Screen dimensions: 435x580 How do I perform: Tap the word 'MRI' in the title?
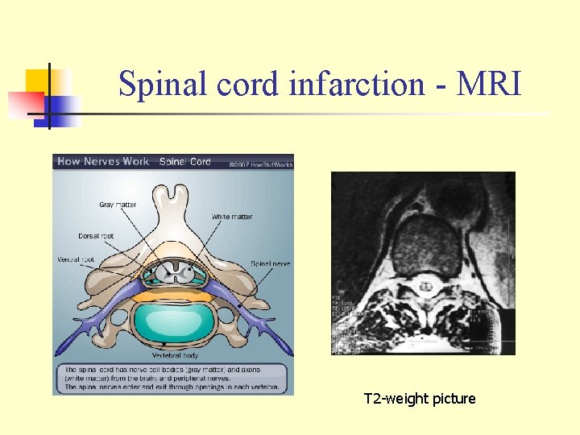pos(488,84)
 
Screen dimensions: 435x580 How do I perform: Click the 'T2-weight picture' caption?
pos(420,399)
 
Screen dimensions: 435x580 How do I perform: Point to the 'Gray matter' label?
pos(118,205)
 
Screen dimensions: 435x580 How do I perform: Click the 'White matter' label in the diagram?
pos(232,217)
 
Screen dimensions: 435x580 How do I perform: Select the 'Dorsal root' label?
pos(96,236)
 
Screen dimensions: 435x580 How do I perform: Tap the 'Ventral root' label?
pos(77,259)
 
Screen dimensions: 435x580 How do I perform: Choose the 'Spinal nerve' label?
pos(270,263)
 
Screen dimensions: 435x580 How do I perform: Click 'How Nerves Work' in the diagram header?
pos(102,161)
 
